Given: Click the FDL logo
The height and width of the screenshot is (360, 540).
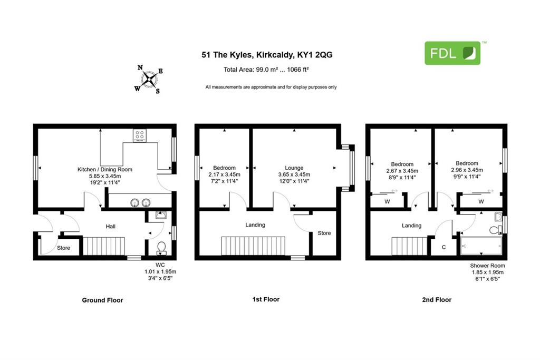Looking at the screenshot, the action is pos(452,53).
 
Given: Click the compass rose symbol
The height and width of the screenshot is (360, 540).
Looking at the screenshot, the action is pos(149,80).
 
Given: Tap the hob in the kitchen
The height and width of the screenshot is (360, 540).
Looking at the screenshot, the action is pos(139,135).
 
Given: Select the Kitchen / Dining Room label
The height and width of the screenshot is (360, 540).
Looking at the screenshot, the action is pos(105,169).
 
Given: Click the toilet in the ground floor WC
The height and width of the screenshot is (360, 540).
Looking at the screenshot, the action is pos(161,248).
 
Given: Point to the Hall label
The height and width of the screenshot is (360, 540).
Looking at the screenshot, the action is pos(111,227).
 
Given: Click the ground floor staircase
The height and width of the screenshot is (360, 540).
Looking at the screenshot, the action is pos(104,246).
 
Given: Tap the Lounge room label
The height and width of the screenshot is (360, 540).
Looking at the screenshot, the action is pos(294,168).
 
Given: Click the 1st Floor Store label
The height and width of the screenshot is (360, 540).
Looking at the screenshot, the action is pos(324,233).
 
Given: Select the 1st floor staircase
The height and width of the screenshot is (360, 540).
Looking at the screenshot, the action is pos(253,246).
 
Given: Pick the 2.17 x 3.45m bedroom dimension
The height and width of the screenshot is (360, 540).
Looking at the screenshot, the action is pos(224,174).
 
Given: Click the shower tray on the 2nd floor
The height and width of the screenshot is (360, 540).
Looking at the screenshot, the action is pos(481,246).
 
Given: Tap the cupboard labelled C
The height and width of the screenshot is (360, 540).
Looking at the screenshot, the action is pos(444,247).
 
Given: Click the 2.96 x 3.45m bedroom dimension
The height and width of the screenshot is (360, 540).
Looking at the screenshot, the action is pos(467,170).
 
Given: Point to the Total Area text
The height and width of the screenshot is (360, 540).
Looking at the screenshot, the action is pos(266,70).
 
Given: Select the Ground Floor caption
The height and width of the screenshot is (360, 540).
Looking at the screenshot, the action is pos(102,300).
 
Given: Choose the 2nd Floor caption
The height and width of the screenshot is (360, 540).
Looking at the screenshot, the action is pos(437,300).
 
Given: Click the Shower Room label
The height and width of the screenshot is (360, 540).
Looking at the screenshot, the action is pos(488,266).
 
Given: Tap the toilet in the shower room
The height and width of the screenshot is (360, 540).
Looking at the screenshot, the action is pos(496,229).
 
